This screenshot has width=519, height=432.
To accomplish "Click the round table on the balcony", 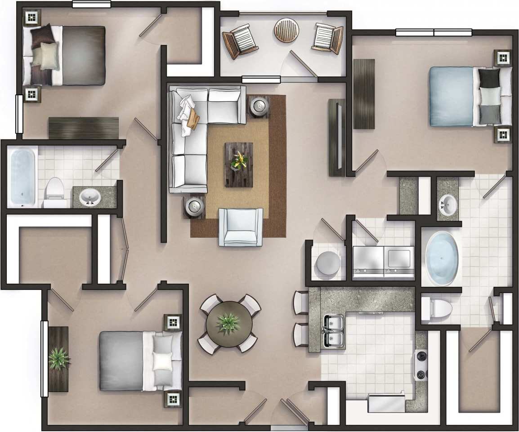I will [287, 30].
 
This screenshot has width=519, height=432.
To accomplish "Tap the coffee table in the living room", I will [239, 165].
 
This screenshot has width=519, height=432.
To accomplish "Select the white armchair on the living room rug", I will [241, 227].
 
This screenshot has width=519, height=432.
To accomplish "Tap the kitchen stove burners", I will [421, 365].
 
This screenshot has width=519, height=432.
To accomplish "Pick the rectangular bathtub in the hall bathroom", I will [22, 176].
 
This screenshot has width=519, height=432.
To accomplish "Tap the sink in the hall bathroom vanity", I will [90, 197].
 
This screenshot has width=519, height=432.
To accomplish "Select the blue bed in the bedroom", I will [454, 96].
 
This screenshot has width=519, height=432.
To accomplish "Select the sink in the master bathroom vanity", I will [447, 205].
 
